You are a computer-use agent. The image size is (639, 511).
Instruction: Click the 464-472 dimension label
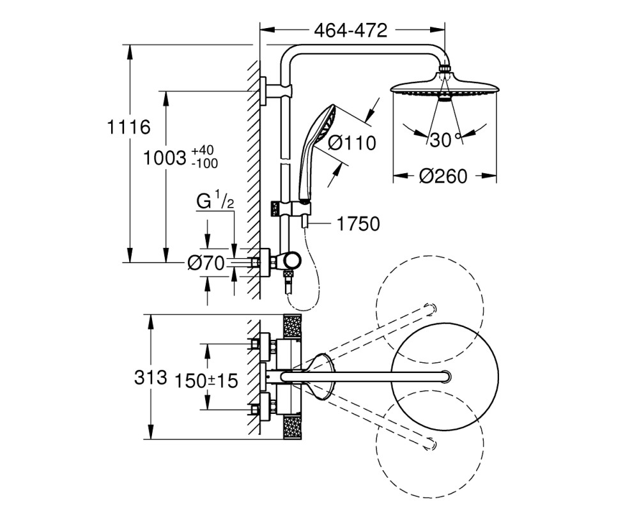pos(350,30)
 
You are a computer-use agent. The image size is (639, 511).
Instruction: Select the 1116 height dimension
pos(128,127)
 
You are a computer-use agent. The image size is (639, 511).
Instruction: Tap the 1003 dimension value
pos(164,158)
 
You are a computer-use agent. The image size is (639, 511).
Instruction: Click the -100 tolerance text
pos(204,164)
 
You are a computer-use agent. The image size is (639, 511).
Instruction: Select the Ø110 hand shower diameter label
pos(352,143)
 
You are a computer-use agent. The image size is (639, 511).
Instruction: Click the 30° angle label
pos(445,140)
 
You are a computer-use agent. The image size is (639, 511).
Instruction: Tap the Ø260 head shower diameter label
pos(443,176)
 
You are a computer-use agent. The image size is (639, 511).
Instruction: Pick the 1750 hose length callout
pos(358,224)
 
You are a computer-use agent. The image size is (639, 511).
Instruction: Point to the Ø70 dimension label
pos(206,263)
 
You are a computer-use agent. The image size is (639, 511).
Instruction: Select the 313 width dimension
pos(150,378)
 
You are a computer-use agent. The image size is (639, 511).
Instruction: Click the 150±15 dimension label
pos(206,381)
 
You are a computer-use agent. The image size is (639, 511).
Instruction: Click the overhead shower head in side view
pos(445,86)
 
